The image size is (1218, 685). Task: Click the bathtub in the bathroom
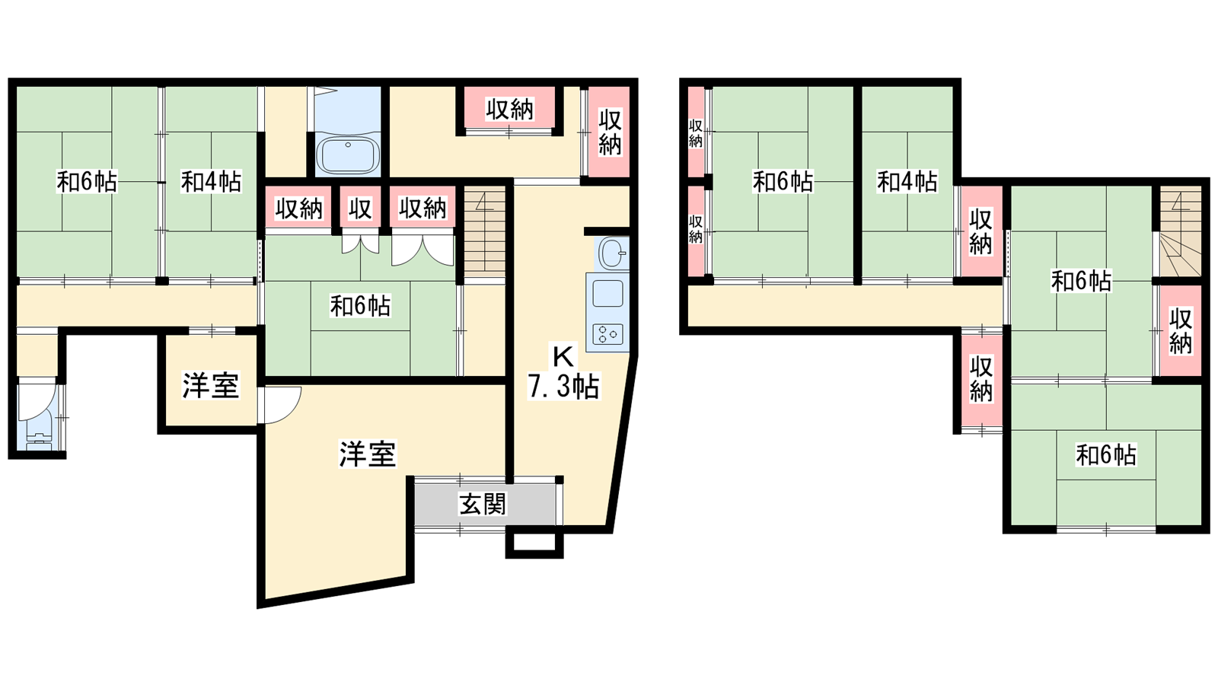point(347,155)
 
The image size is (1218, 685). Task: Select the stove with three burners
point(607,334)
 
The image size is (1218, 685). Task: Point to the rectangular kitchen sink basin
point(607,294)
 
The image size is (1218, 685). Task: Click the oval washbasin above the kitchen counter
point(614,253)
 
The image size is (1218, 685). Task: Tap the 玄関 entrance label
point(483,504)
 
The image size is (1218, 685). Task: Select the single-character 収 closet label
point(360,209)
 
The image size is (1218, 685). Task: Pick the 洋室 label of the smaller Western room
point(210,385)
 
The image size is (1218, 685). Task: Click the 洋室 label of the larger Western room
point(368,454)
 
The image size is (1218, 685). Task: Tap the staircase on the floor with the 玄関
point(484,232)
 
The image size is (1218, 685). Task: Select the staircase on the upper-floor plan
point(1179,231)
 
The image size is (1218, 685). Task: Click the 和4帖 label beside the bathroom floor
point(211,182)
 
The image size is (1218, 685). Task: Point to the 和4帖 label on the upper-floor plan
point(907,182)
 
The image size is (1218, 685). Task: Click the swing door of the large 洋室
point(279,405)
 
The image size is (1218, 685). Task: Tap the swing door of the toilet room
point(37,403)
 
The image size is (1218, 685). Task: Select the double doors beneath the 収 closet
point(361,244)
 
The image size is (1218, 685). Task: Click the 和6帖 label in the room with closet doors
point(360,306)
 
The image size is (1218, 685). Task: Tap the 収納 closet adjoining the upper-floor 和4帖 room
point(981,231)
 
